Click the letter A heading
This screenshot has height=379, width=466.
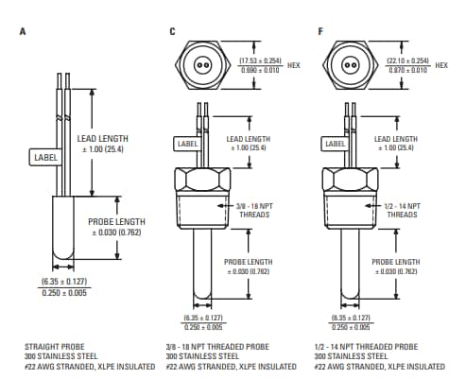tap(24, 30)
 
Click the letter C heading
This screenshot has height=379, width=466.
tap(172, 30)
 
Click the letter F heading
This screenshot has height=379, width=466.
tap(320, 30)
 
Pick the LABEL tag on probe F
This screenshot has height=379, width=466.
tap(335, 144)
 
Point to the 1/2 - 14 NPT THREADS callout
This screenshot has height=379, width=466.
tap(400, 210)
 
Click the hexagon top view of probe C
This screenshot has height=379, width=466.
tap(201, 67)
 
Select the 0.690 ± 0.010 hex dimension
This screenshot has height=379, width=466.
tap(262, 71)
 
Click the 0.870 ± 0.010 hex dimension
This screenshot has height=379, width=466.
tap(409, 71)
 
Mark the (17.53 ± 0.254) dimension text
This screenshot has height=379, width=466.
tap(262, 61)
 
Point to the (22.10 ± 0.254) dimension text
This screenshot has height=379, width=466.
tap(409, 61)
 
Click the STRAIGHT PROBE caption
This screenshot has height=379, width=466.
tap(52, 347)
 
